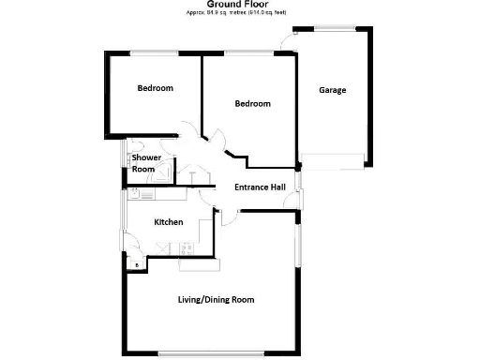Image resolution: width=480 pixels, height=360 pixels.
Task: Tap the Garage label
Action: pos(333,91)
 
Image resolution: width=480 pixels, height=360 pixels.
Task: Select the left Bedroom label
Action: pos(155,88)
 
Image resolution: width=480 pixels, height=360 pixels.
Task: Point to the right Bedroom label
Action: pos(252,103)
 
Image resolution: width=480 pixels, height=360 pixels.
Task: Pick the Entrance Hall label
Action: pos(260,187)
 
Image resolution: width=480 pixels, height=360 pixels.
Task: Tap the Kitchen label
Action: pos(169,222)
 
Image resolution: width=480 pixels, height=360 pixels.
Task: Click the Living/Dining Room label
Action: pos(217,300)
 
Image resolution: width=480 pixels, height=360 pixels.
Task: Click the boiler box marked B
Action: pos(137,265)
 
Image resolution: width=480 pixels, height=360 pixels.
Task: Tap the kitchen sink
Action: pos(145,196)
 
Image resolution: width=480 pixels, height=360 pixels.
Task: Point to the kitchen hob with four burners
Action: pos(186,248)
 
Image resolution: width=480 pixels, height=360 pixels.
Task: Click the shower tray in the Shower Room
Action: pos(164,172)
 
